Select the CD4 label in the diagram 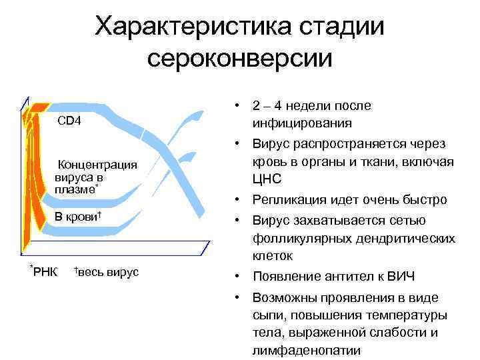69,121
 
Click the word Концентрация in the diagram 98,165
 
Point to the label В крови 76,217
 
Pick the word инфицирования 302,123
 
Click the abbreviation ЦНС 267,179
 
